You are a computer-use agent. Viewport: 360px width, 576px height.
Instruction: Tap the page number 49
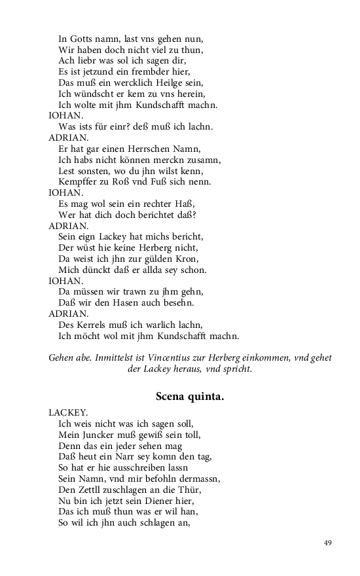click(328, 543)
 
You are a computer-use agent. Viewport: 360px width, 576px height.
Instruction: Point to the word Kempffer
click(79, 181)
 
